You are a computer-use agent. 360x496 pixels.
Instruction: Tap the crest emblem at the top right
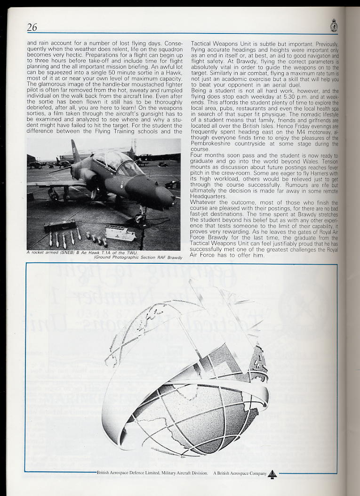click(334, 25)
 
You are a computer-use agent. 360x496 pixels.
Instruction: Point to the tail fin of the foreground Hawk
click(76, 150)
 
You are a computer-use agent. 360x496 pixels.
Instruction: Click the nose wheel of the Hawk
click(139, 218)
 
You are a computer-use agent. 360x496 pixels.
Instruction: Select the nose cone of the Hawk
click(168, 197)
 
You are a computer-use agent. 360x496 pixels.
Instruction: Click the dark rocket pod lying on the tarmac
click(59, 227)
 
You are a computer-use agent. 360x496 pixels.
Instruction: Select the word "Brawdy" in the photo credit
click(174, 258)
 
